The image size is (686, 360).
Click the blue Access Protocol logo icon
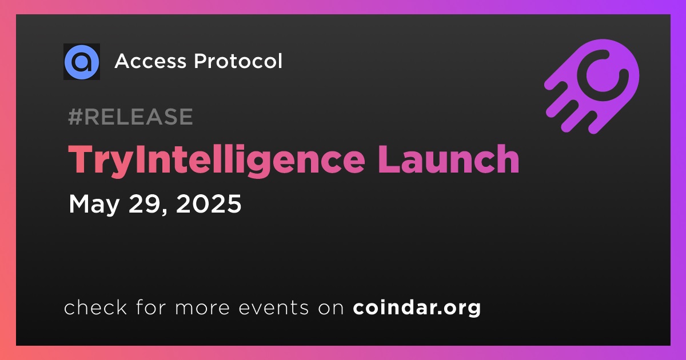pyautogui.click(x=82, y=62)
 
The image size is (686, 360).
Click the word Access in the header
pyautogui.click(x=150, y=61)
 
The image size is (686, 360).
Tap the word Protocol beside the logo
pyautogui.click(x=238, y=61)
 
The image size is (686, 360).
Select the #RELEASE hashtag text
pyautogui.click(x=130, y=117)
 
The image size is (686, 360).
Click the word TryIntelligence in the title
pyautogui.click(x=216, y=161)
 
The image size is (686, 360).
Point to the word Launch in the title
pyautogui.click(x=449, y=159)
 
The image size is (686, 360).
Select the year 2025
pyautogui.click(x=209, y=203)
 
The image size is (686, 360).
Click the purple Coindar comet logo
pyautogui.click(x=592, y=86)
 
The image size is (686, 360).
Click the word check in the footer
pyautogui.click(x=95, y=307)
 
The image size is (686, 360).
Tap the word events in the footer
pyautogui.click(x=274, y=307)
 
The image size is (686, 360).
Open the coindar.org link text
pyautogui.click(x=417, y=307)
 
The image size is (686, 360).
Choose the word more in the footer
pyautogui.click(x=202, y=308)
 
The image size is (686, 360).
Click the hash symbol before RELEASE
pyautogui.click(x=75, y=117)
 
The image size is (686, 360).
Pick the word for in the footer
pyautogui.click(x=151, y=307)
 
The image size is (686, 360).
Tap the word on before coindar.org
pyautogui.click(x=331, y=308)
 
